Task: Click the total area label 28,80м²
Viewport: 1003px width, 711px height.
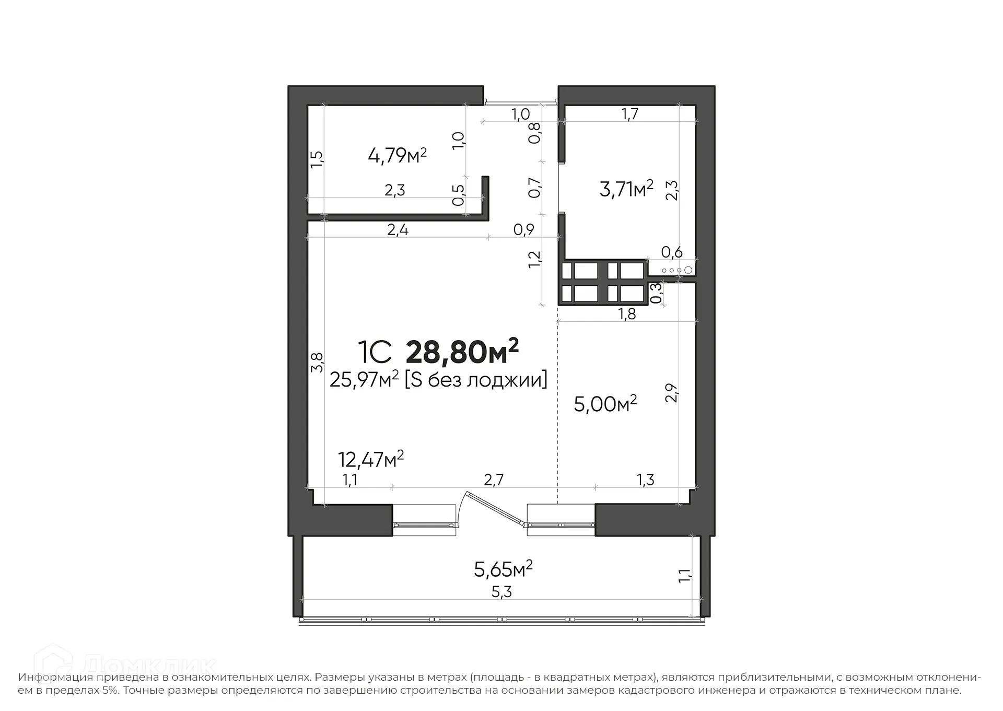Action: [462, 352]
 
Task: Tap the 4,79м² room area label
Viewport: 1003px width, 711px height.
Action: [397, 155]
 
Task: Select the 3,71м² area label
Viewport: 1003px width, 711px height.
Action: [626, 189]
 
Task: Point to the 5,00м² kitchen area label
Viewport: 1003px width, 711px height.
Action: [605, 404]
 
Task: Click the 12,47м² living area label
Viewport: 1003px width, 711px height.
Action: [370, 460]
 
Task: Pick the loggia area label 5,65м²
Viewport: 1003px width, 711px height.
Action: [503, 569]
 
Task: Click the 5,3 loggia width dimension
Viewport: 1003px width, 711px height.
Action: [501, 592]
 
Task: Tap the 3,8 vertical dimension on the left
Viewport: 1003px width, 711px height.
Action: [317, 362]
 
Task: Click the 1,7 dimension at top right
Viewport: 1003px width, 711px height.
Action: [630, 114]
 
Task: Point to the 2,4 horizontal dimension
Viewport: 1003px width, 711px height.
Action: [398, 229]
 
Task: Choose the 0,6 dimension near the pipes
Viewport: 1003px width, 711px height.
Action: [671, 252]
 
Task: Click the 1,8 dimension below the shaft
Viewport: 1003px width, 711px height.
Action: [627, 313]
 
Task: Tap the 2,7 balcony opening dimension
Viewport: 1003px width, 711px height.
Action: [493, 480]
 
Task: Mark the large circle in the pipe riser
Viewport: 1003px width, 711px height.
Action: [688, 270]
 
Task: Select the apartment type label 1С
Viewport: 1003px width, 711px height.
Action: [374, 353]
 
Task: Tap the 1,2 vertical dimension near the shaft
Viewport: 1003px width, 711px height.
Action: [534, 260]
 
